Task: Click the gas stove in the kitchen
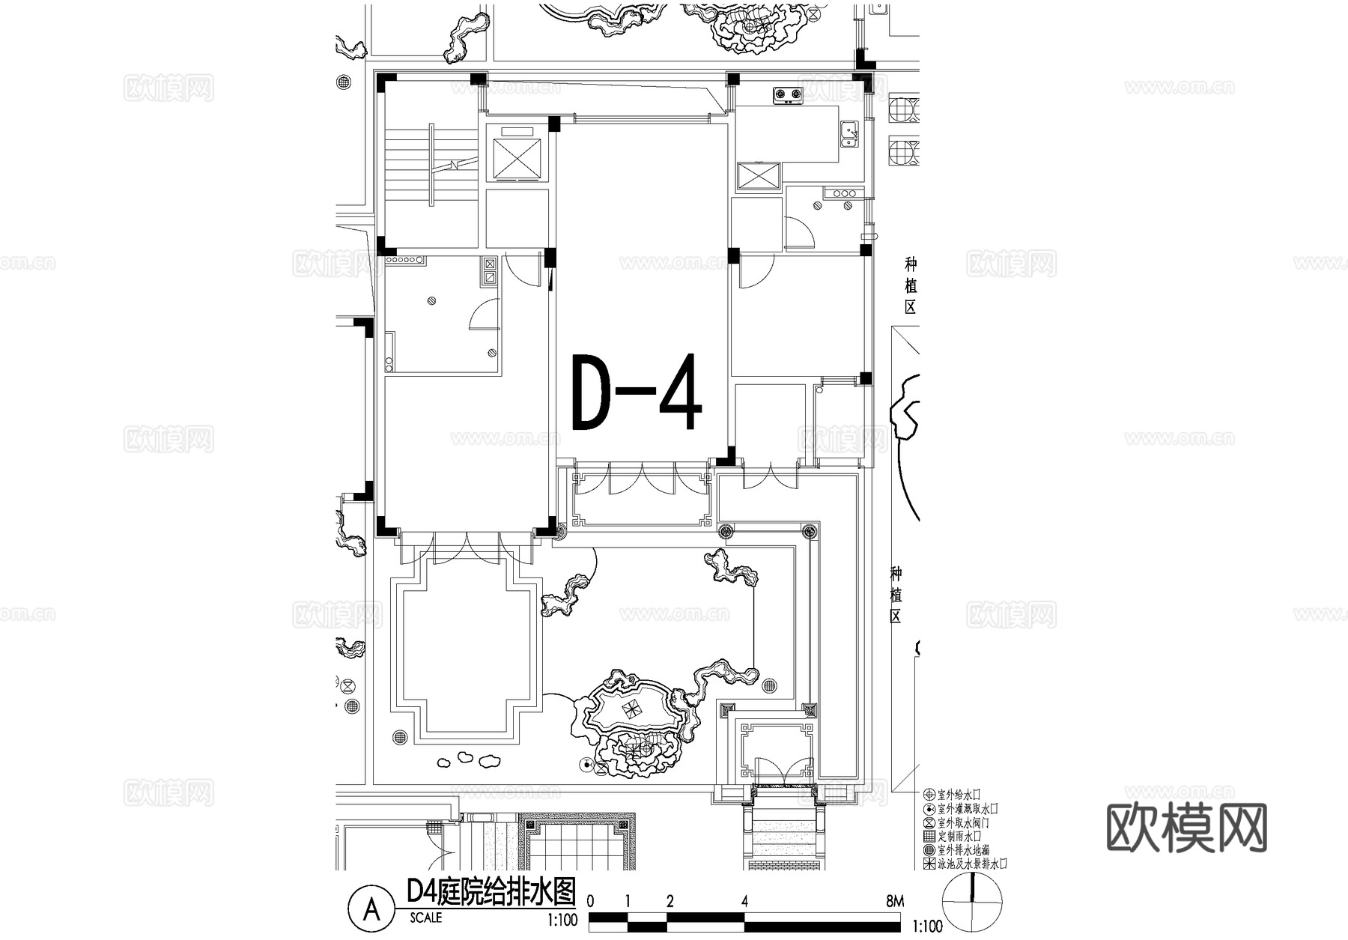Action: pyautogui.click(x=787, y=94)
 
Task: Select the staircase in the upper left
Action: pyautogui.click(x=431, y=165)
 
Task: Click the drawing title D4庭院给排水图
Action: pyautogui.click(x=491, y=891)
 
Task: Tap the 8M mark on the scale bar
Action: pyautogui.click(x=894, y=902)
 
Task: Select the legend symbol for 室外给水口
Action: pyautogui.click(x=929, y=795)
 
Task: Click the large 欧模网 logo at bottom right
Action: pyautogui.click(x=1186, y=828)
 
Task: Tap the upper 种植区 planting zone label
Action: pyautogui.click(x=910, y=286)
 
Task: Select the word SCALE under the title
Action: pyautogui.click(x=426, y=918)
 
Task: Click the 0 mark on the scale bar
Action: pyautogui.click(x=591, y=902)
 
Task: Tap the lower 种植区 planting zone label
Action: pyautogui.click(x=896, y=595)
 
